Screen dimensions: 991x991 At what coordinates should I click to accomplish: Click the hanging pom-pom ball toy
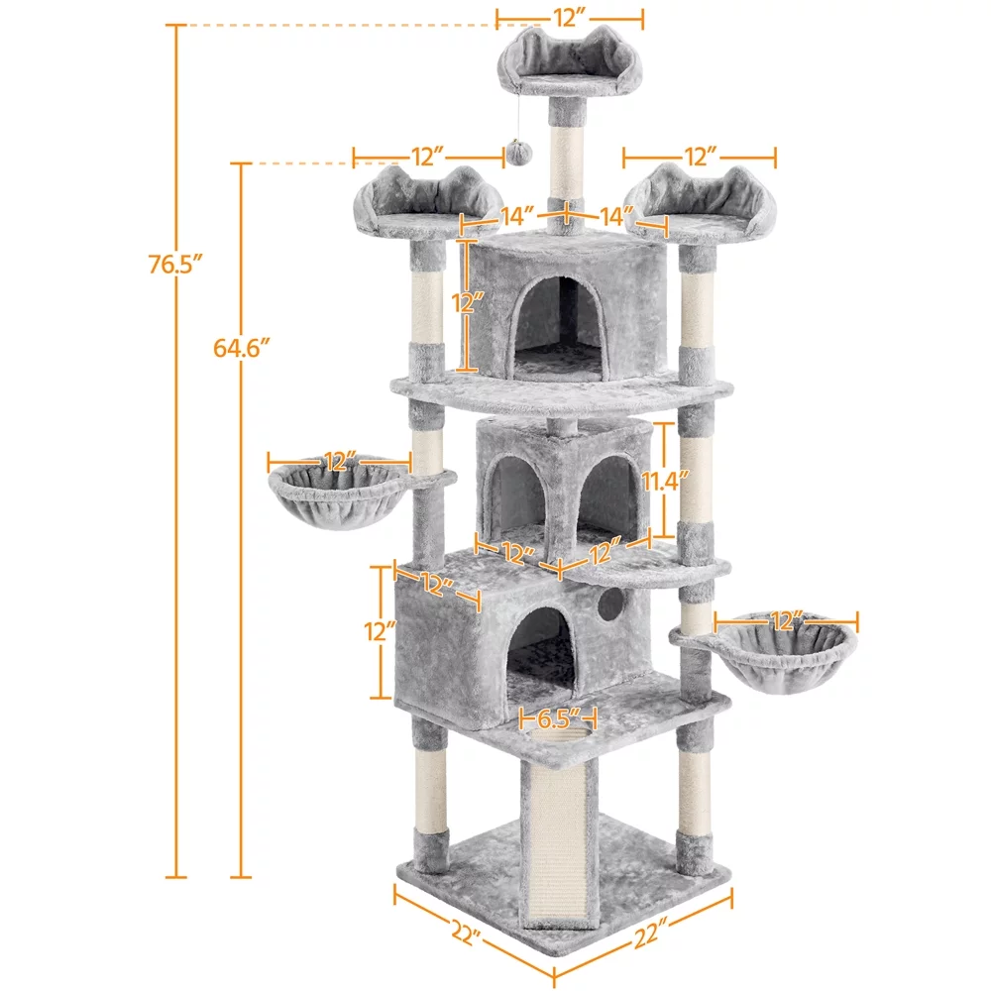[519, 152]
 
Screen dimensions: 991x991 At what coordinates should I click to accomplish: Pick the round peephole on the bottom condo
[611, 602]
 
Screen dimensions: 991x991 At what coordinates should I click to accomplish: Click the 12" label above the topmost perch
[570, 17]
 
